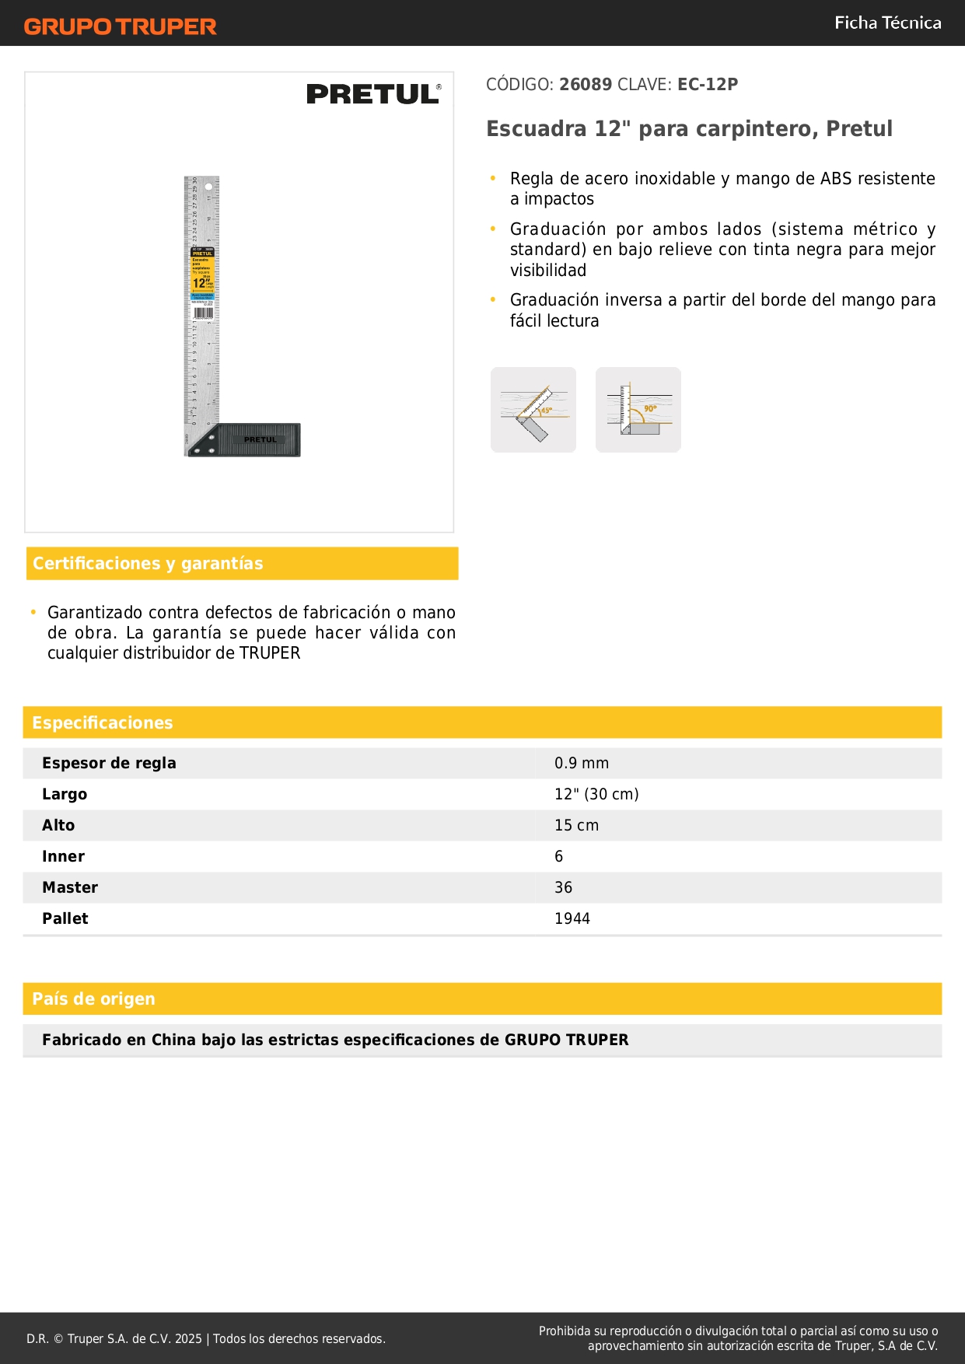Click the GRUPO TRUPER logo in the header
coord(121,26)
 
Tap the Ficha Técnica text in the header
coord(887,23)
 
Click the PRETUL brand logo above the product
coord(373,94)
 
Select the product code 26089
coord(586,84)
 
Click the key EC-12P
coord(707,84)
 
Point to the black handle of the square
coord(257,440)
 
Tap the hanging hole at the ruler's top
coord(208,187)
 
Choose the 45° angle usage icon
coord(533,410)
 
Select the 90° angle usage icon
coord(638,410)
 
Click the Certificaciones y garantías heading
coord(148,564)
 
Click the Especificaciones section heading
coord(103,723)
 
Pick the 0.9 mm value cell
coord(582,764)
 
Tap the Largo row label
coord(65,795)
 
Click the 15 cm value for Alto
coord(576,826)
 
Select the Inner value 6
coord(558,857)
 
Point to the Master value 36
coord(563,888)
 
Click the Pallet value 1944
coord(572,919)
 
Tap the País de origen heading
coord(93,999)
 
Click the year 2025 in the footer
coord(188,1339)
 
